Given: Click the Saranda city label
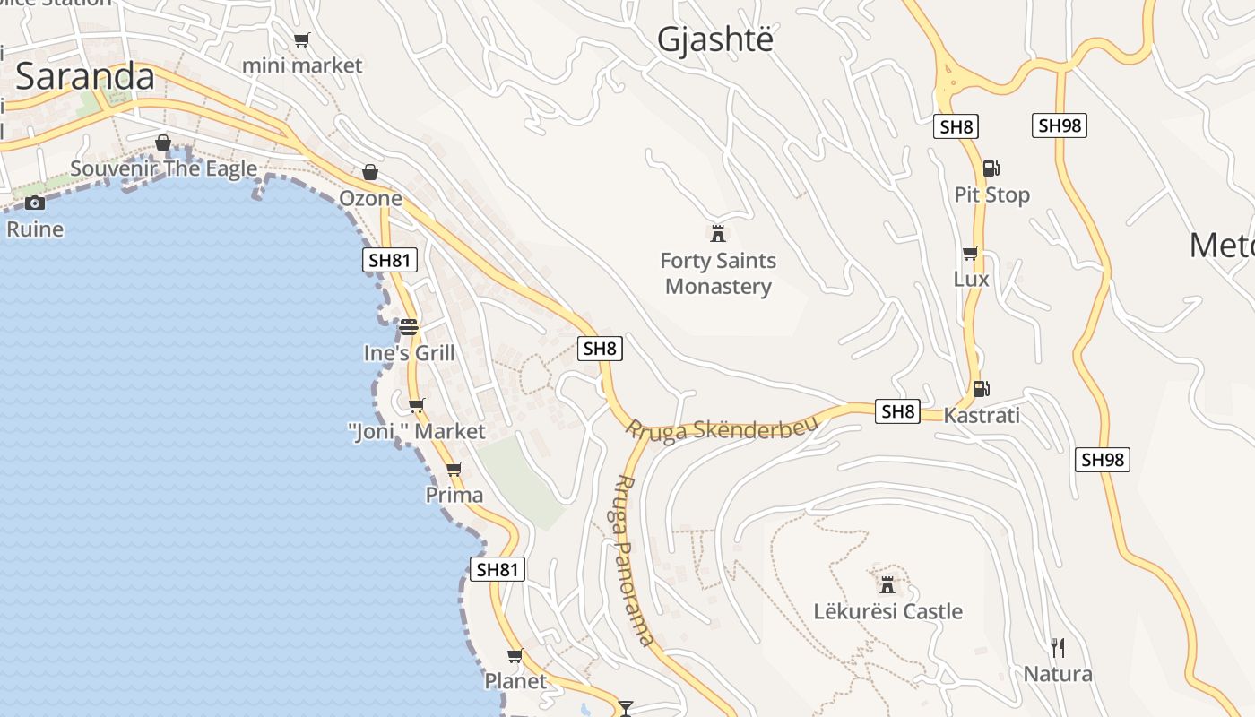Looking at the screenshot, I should [85, 77].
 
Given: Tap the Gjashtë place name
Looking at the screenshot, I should [714, 39].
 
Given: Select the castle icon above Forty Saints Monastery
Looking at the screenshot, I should [717, 234].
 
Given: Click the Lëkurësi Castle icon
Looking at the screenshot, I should [887, 585].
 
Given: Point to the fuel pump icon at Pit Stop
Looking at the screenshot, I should [991, 168].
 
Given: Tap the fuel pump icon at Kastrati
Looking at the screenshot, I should [982, 389].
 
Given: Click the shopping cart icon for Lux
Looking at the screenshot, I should [970, 254].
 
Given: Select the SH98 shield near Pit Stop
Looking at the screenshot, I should [1060, 125].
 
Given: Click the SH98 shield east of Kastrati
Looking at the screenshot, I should [1103, 460].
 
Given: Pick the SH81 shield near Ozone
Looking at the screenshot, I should [390, 261].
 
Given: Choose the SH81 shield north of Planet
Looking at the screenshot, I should [498, 569].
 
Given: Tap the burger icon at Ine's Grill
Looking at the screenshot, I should [409, 327].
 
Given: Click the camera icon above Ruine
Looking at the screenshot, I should [35, 203].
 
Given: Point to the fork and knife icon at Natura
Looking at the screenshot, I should [1058, 647].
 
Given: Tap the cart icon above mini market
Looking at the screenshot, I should [302, 39].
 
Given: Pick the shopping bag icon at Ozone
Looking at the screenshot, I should [369, 172].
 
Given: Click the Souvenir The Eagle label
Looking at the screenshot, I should [163, 168].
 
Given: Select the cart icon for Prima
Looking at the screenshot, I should [454, 469].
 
